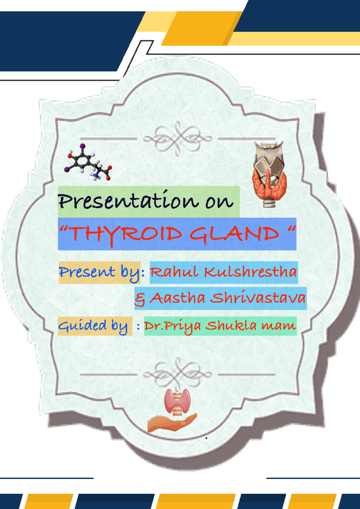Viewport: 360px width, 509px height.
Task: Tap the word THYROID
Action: point(126,234)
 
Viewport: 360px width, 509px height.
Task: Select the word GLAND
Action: point(234,234)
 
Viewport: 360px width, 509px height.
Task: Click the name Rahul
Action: point(174,272)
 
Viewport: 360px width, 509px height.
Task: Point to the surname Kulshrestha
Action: point(250,272)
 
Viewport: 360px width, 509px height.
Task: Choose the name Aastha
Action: point(177,298)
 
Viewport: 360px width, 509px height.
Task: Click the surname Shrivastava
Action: point(258,298)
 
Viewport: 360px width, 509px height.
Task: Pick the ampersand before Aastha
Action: point(140,299)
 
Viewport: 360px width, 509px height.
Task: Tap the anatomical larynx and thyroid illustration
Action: point(269,174)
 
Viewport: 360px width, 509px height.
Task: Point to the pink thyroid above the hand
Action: point(177,401)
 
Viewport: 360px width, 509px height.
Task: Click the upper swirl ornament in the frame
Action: point(178,138)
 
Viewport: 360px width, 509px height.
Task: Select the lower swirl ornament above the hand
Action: point(178,374)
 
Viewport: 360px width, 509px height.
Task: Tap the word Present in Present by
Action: point(87,272)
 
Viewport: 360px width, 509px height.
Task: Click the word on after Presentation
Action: point(219,202)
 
